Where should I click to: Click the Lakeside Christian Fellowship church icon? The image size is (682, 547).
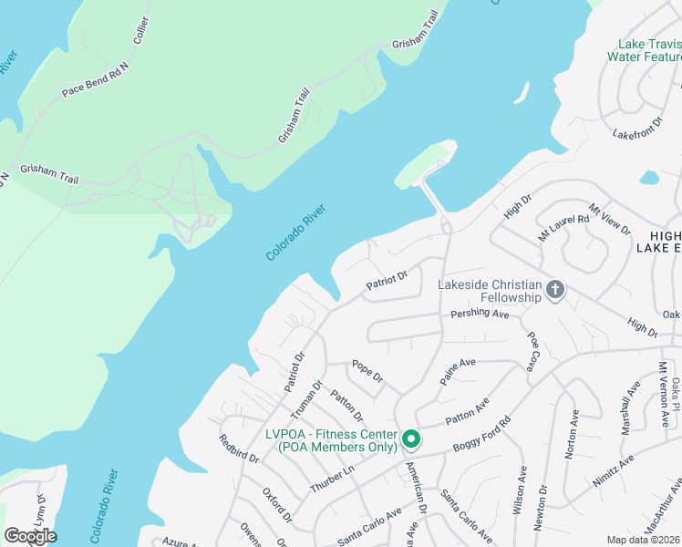pos(555,292)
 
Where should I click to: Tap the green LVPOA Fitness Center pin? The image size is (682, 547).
pos(411,439)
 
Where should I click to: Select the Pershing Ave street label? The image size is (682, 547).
pos(480,314)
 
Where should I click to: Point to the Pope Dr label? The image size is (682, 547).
pos(367,372)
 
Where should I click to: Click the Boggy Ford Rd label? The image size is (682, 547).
pos(481,438)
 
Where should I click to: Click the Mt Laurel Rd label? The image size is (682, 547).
pos(564,222)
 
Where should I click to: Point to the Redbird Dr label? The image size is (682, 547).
pos(232,451)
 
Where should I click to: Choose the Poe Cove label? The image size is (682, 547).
pos(532,351)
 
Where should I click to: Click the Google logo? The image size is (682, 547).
pos(30,535)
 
